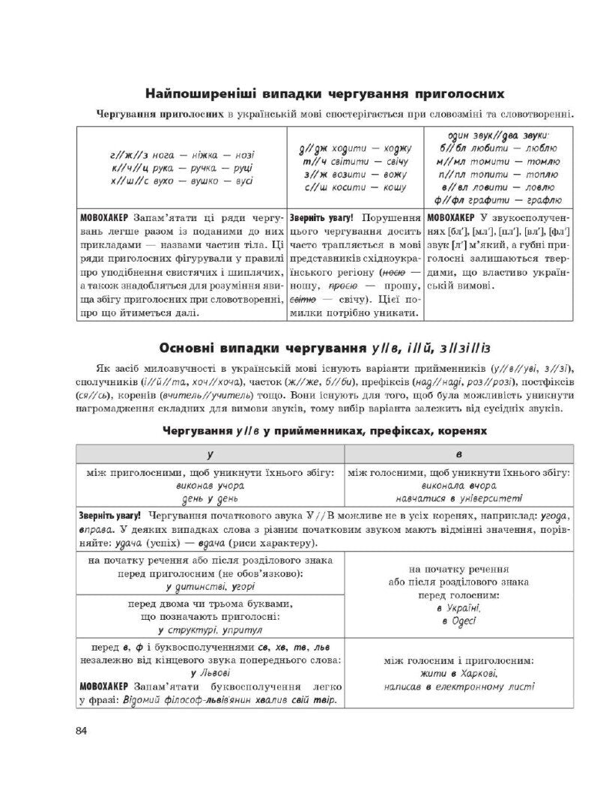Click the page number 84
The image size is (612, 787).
(x=82, y=732)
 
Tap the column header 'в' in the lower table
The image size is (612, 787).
(x=458, y=454)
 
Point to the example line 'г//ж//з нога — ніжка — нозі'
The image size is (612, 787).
(x=182, y=155)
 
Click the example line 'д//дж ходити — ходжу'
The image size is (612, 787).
(x=354, y=148)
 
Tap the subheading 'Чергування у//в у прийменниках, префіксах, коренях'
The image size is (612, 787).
(x=324, y=432)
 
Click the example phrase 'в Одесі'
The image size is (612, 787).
(x=458, y=621)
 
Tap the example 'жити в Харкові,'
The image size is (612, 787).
(x=458, y=674)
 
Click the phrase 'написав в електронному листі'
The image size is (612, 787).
(x=458, y=686)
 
